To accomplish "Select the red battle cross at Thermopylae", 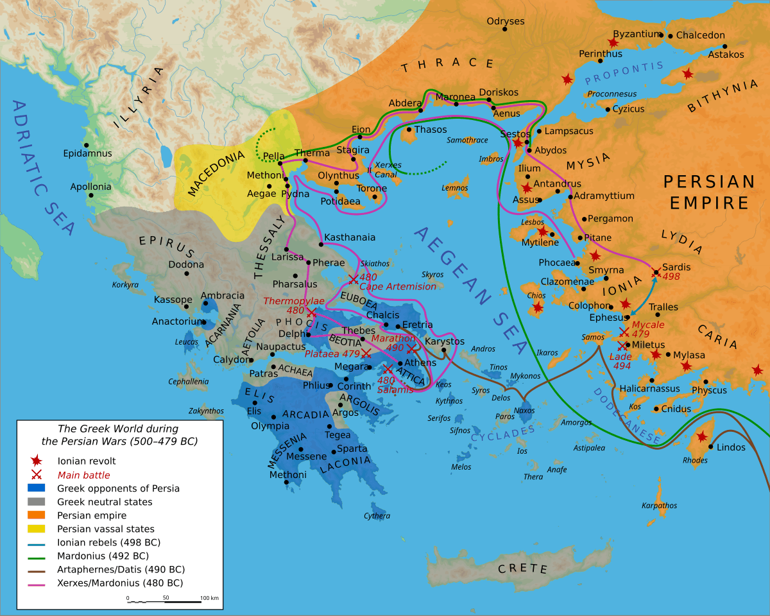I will tap(311, 312).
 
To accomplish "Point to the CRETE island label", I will tap(523, 569).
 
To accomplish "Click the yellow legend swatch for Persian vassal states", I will tap(37, 529).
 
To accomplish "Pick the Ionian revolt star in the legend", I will tap(37, 460).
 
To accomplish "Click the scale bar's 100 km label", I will tap(209, 597).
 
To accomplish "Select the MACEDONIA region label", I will tap(216, 174).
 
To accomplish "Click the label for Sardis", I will tap(676, 266).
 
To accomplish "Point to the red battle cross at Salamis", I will tap(388, 369).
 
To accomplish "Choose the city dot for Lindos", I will tap(711, 447).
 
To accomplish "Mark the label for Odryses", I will tap(505, 21).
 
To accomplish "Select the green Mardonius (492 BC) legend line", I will tap(37, 556).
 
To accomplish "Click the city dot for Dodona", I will tap(187, 273).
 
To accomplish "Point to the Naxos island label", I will tap(524, 410).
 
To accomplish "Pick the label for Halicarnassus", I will tap(649, 389).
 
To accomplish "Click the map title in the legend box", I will tap(119, 434).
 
